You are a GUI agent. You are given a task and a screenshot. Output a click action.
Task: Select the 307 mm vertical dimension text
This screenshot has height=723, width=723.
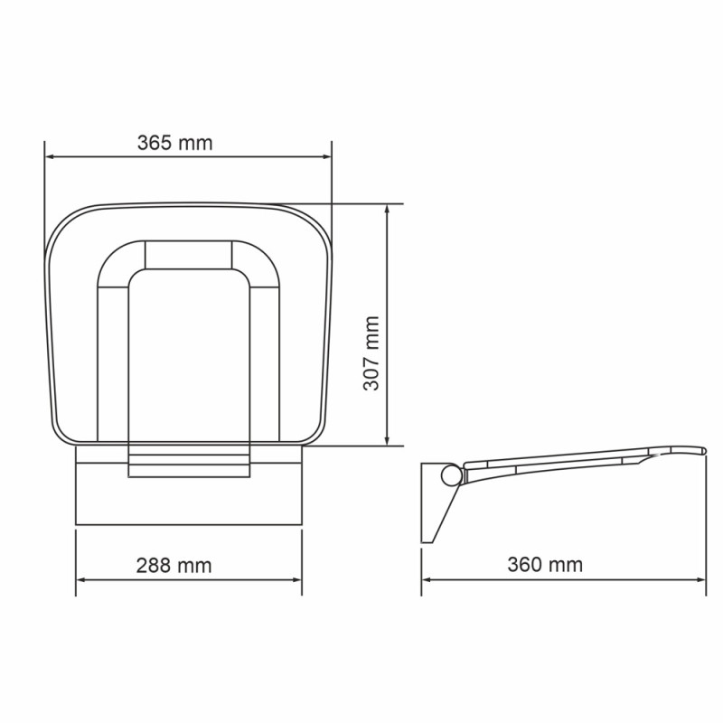coord(371,353)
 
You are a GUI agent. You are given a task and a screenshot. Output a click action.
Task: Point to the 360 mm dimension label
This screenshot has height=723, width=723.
coord(545,566)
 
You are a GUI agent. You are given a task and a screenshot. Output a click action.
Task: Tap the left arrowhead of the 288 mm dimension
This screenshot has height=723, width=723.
coord(81,579)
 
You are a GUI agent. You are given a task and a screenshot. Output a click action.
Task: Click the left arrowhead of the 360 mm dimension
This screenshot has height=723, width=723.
coord(427,579)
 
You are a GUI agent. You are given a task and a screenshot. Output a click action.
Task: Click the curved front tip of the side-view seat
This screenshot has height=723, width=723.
coord(700,450)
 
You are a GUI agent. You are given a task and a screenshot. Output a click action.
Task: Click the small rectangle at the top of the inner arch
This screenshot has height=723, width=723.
coord(188,254)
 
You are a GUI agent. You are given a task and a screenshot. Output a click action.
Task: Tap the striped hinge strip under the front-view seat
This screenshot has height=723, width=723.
coord(188,460)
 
